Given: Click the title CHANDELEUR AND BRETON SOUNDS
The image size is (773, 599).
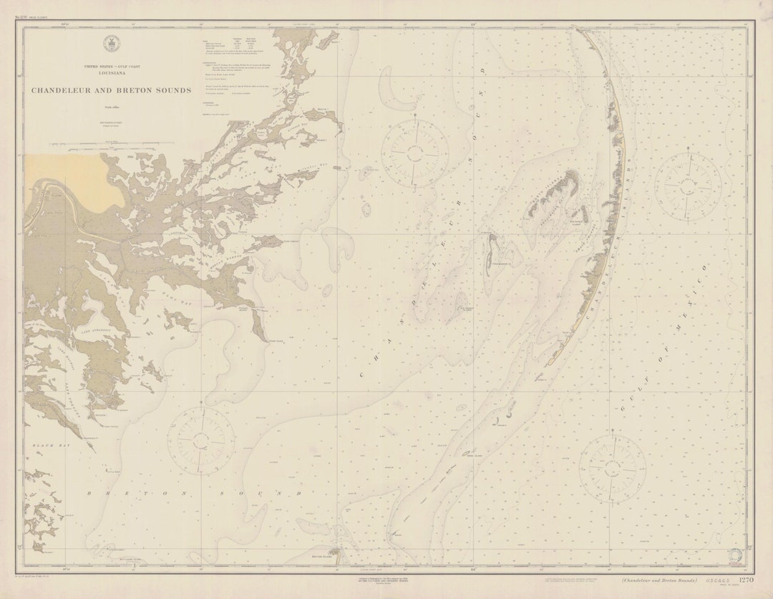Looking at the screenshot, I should coord(111,91).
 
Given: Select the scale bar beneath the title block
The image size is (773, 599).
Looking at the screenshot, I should coord(111,145).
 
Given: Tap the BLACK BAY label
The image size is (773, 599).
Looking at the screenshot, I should coord(40,446).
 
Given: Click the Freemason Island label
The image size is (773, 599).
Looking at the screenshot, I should coord(499,264).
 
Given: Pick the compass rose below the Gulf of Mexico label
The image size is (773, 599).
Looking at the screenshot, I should coord(612,469).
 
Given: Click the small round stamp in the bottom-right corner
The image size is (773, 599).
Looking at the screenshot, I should coord(735,555).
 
